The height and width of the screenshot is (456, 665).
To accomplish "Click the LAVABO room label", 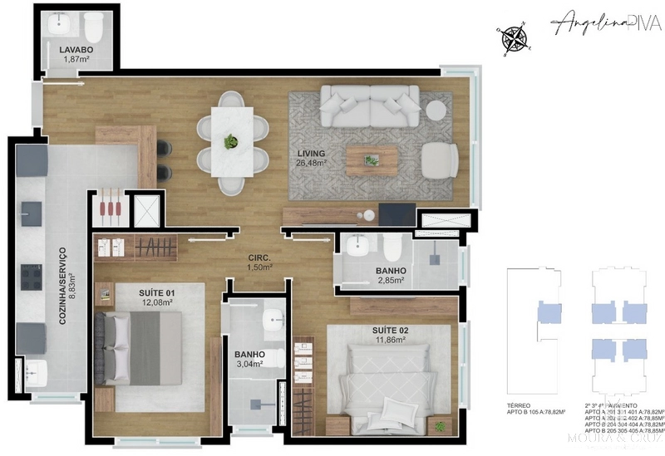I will click(76, 50).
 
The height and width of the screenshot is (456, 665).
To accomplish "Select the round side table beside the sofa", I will click(436, 110).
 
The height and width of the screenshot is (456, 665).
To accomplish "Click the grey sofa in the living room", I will click(370, 105).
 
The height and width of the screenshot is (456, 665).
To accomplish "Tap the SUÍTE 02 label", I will click(390, 331).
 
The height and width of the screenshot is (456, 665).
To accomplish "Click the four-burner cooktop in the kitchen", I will click(32, 275).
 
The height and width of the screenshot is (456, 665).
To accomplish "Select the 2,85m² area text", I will click(390, 281).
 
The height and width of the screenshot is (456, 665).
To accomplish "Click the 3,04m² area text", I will click(249, 363).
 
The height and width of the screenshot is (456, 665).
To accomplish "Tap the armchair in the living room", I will click(438, 159).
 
